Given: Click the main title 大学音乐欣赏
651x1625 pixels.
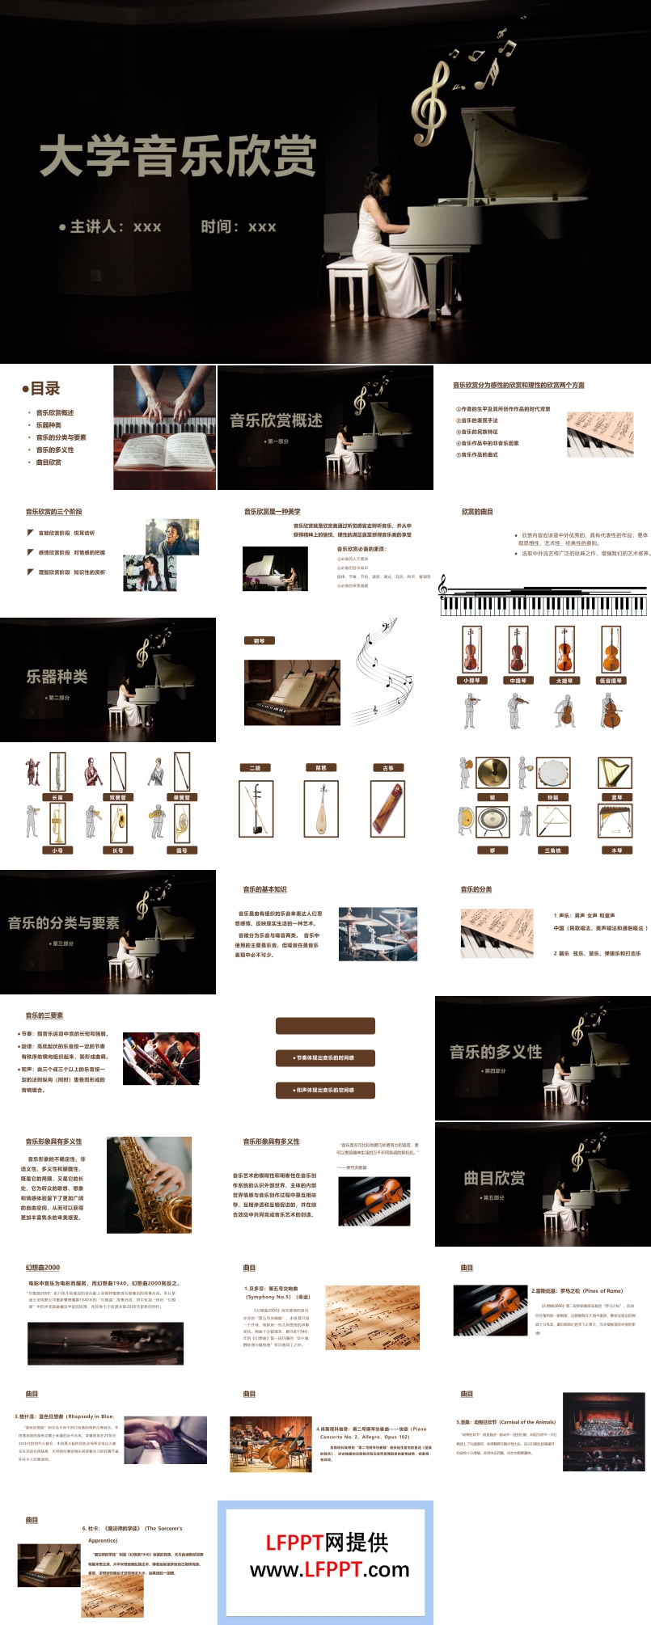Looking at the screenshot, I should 178,156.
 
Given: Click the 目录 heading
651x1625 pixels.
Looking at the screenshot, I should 41,388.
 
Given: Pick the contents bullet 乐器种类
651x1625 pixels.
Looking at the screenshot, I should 49,425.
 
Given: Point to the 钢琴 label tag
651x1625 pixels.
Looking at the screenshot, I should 259,640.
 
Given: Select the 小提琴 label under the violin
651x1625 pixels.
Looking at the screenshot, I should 471,681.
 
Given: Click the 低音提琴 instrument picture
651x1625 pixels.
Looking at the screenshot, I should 611,649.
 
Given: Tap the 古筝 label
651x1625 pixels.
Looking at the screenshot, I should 387,767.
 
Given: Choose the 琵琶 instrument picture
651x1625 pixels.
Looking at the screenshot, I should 321,808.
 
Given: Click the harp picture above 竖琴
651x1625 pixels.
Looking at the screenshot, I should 615,773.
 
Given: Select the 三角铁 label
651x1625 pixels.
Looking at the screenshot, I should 552,850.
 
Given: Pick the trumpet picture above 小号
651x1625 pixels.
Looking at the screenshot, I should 57,825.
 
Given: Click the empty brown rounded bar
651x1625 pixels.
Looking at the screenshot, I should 325,1026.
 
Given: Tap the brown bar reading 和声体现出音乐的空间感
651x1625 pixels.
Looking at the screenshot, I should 325,1090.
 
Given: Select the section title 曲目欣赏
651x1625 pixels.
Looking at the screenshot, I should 494,1178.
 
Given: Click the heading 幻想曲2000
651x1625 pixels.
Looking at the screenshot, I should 42,1268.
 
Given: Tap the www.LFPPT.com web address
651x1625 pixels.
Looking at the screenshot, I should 329,1570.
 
